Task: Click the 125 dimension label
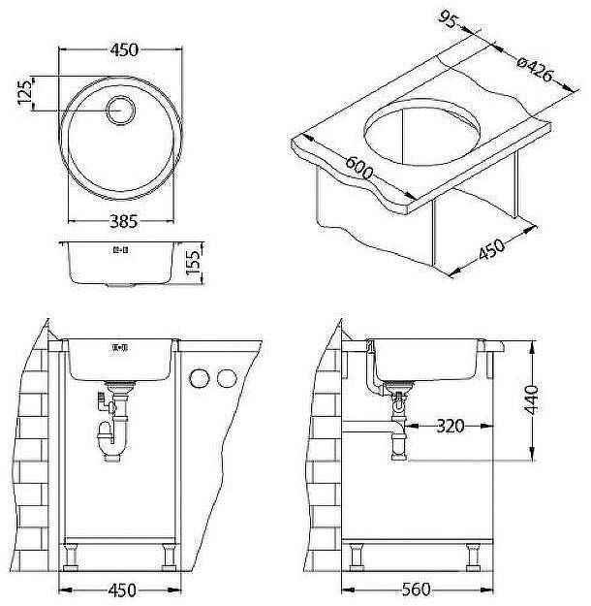pos(25,91)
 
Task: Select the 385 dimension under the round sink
pos(123,221)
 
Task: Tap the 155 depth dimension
pos(194,263)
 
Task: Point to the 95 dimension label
pos(448,18)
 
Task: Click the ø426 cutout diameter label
pos(536,70)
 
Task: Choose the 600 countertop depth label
pos(358,168)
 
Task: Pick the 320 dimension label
pos(450,426)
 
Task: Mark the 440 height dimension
pos(533,399)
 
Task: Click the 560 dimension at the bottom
pos(416,590)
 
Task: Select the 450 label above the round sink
pos(124,49)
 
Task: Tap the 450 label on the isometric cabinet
pos(491,249)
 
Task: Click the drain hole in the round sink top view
pos(121,111)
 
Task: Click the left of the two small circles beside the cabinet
pos(199,378)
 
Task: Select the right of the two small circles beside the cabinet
pos(227,378)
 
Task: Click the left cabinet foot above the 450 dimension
pos(71,557)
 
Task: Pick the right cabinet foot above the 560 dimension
pos(473,557)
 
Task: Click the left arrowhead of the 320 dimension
pos(412,426)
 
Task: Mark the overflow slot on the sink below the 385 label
pos(120,250)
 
